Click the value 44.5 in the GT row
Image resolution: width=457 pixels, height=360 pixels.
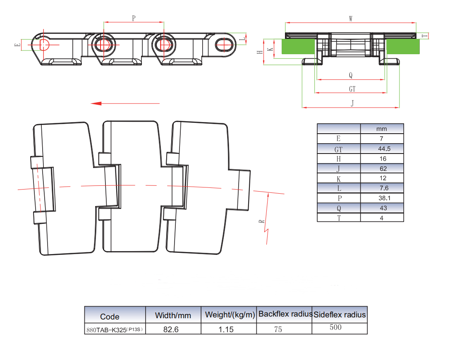[x=384, y=149]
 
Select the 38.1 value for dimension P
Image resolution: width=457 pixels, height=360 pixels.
[x=384, y=198]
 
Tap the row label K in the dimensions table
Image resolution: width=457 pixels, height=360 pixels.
[x=339, y=179]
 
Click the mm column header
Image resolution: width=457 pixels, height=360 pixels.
[x=381, y=129]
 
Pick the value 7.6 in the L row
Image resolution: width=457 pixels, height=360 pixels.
[x=384, y=188]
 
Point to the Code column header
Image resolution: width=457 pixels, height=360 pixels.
[x=110, y=317]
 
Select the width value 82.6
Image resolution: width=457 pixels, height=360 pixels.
[x=171, y=329]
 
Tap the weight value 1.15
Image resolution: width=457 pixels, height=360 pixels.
[x=226, y=329]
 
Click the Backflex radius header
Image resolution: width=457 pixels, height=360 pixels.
[x=285, y=314]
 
